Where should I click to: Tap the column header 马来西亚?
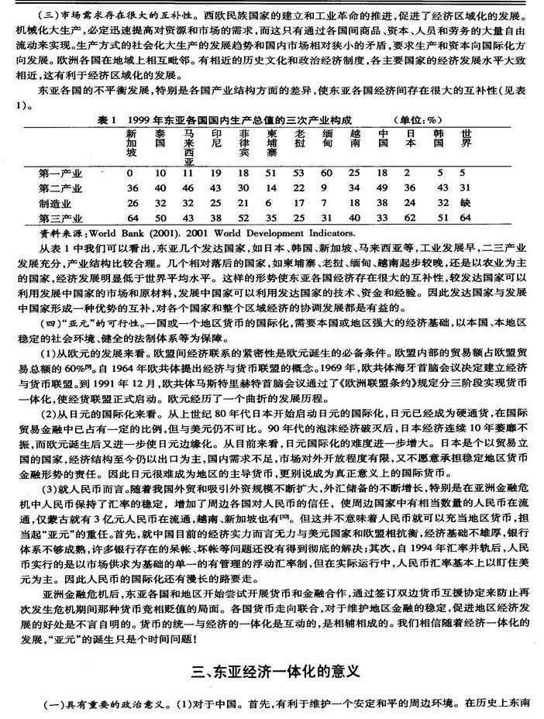point(187,146)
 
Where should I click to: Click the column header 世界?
point(465,137)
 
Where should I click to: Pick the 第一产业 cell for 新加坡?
point(131,172)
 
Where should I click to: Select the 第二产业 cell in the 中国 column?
point(383,187)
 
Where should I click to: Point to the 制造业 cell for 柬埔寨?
point(271,203)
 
